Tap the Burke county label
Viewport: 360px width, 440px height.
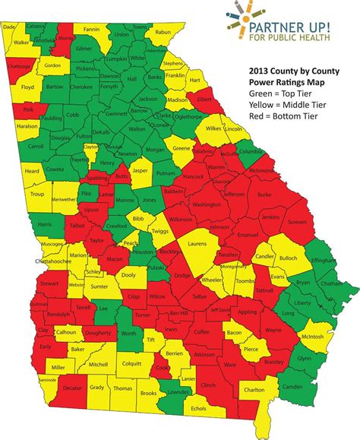(x=264, y=195)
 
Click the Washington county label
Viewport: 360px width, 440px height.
(x=206, y=204)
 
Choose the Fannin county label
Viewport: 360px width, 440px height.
(x=93, y=30)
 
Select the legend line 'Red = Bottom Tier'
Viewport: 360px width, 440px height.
(x=283, y=118)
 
